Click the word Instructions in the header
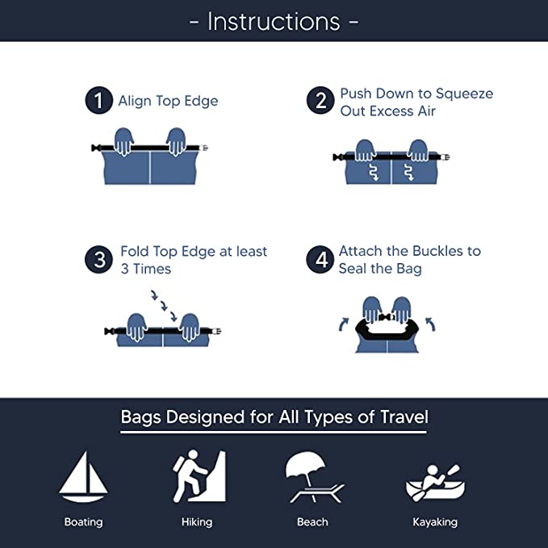pyautogui.click(x=274, y=21)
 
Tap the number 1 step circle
pyautogui.click(x=98, y=101)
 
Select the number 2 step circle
pyautogui.click(x=320, y=101)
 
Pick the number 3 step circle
pyautogui.click(x=98, y=260)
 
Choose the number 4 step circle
pyautogui.click(x=320, y=260)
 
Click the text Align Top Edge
pyautogui.click(x=168, y=101)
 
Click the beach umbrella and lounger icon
pyautogui.click(x=313, y=478)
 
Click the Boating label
pyautogui.click(x=83, y=522)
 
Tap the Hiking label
pyautogui.click(x=197, y=522)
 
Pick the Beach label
pyautogui.click(x=312, y=522)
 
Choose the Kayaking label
pyautogui.click(x=434, y=522)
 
